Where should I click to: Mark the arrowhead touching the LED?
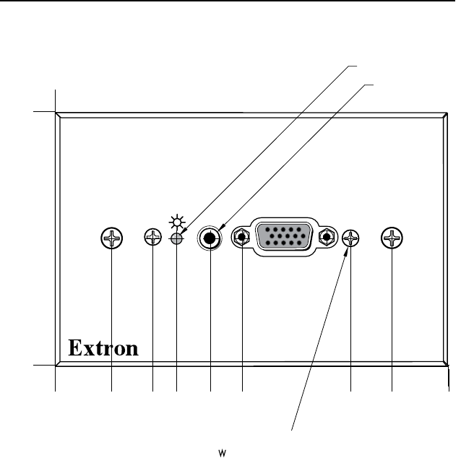tap(184, 233)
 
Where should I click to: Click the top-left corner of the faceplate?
tap(56, 112)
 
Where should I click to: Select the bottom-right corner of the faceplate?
tap(449, 366)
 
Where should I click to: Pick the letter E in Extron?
tap(75, 348)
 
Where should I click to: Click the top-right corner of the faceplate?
tap(449, 112)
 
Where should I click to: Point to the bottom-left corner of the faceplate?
tap(56, 366)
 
